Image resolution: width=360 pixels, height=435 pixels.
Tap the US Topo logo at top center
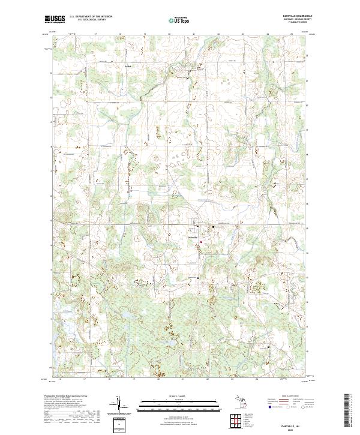tap(179, 20)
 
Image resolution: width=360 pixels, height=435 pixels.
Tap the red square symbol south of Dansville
tap(202, 242)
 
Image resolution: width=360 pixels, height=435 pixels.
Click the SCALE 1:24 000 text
tap(179, 396)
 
